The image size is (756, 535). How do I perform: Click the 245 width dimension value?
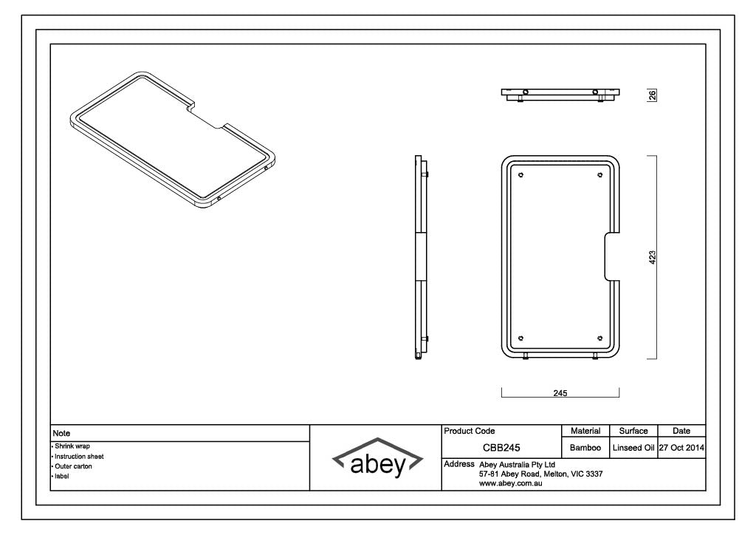point(560,394)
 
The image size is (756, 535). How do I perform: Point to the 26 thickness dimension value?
point(652,95)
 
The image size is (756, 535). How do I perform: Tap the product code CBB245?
point(502,448)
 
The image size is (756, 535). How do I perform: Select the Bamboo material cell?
point(585,448)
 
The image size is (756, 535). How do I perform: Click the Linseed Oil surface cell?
point(633,448)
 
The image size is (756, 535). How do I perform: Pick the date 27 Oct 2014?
point(681,448)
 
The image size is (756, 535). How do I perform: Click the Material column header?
point(585,431)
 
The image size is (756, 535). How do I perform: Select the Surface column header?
point(633,431)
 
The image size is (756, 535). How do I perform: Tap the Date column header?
point(681,431)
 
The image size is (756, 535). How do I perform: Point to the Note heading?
point(61,433)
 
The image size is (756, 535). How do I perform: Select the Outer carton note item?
point(73,466)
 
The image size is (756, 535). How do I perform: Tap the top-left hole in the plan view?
point(521,175)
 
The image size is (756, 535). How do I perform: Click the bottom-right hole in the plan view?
point(599,338)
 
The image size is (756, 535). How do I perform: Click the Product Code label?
point(470,431)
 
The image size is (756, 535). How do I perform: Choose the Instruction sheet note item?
point(78,457)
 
